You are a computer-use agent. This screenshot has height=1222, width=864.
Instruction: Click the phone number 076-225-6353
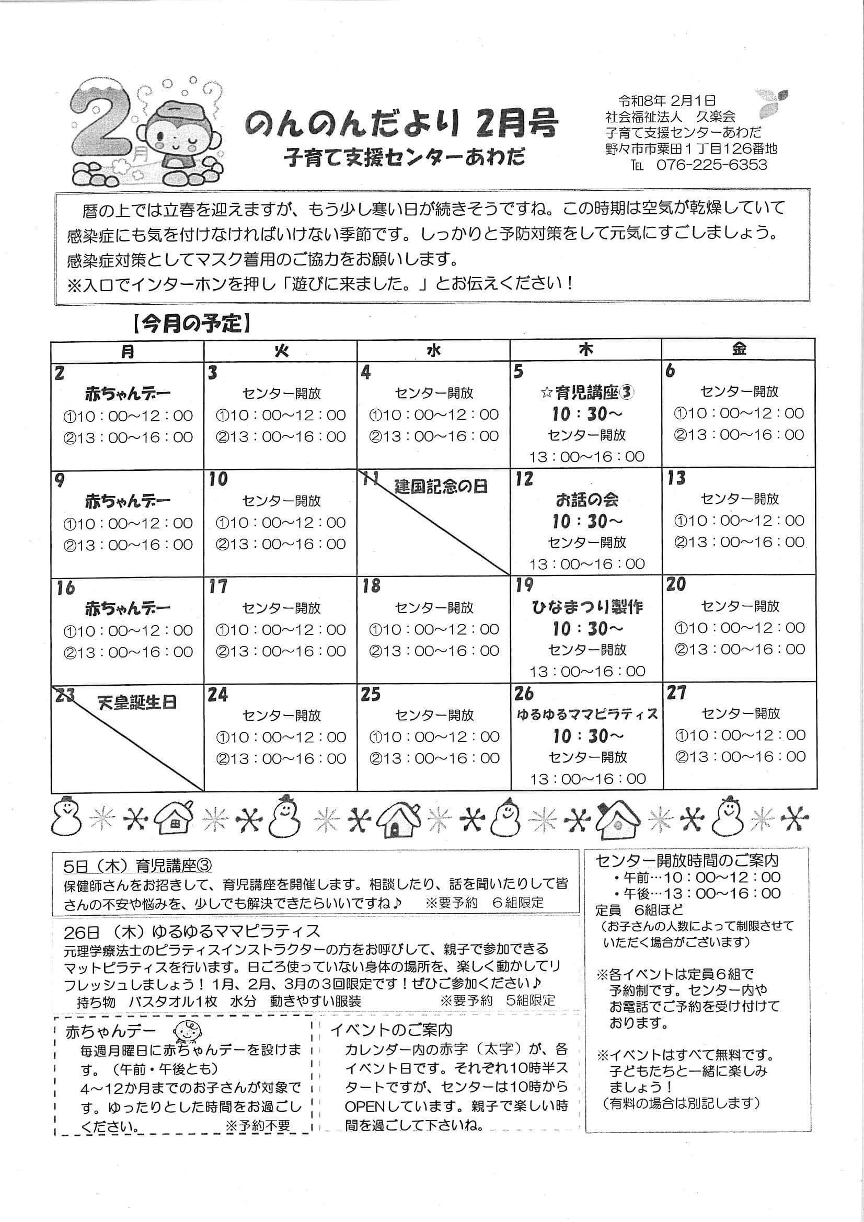click(711, 165)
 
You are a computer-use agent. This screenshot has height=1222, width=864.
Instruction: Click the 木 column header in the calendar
click(585, 350)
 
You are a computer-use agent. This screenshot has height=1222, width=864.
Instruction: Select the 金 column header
click(739, 349)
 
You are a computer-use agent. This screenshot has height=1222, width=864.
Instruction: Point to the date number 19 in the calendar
click(524, 585)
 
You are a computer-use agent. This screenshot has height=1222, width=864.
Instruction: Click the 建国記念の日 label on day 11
click(441, 486)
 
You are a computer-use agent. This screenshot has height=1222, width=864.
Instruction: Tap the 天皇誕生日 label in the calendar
click(137, 702)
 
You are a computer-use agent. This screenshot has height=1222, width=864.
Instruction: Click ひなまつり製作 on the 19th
click(587, 607)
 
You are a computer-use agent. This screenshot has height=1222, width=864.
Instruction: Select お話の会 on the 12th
click(587, 499)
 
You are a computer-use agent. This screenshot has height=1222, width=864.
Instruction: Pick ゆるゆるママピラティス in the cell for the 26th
click(587, 714)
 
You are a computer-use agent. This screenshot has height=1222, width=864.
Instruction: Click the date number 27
click(676, 694)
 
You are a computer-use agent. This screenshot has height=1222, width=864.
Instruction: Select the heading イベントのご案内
click(391, 1030)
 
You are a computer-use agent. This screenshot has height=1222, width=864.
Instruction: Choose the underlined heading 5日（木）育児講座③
click(137, 866)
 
